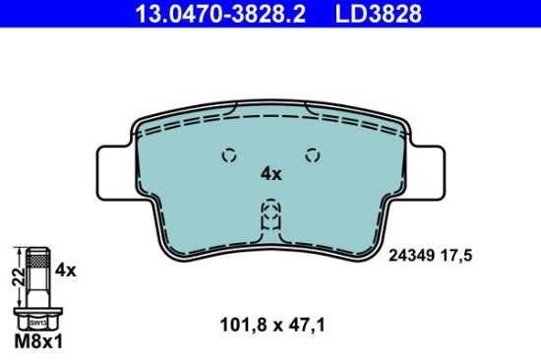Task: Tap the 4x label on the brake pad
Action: [x=270, y=174]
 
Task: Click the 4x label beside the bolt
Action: [x=66, y=267]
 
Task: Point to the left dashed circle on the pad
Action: [x=229, y=154]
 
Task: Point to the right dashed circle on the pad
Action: [x=313, y=154]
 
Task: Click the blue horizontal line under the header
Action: [x=270, y=28]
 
